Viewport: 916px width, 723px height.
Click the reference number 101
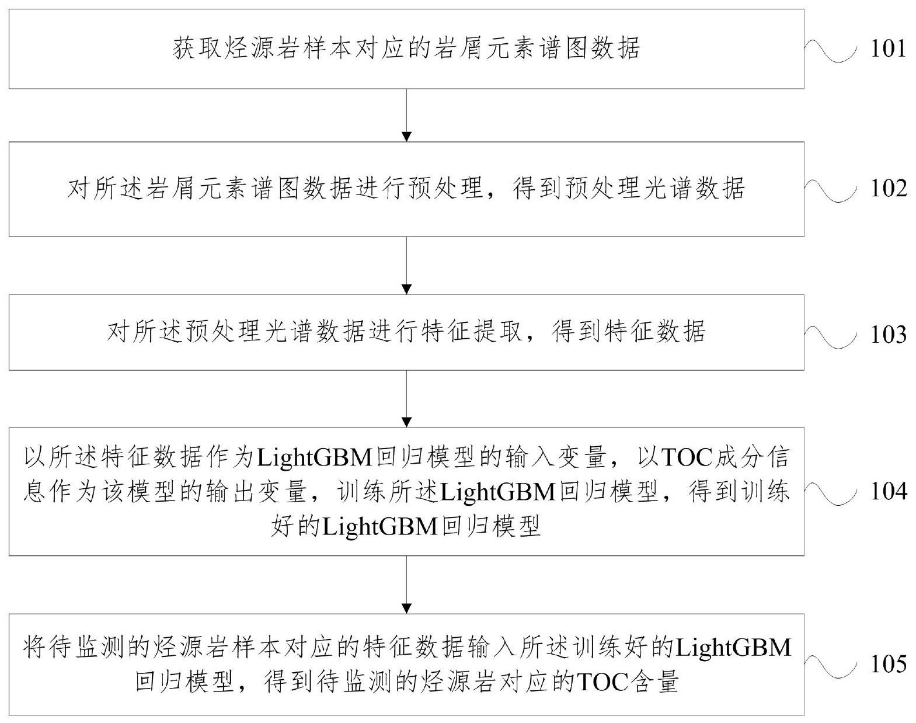tap(888, 48)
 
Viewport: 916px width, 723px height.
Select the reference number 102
tap(888, 189)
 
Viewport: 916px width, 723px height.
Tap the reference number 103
tap(888, 334)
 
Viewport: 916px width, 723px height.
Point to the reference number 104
tap(888, 492)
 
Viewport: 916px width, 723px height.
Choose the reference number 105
tap(888, 664)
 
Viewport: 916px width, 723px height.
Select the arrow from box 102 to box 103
tap(407, 265)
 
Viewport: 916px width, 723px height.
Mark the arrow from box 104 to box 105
tap(407, 584)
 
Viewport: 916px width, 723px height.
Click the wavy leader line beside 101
tap(830, 50)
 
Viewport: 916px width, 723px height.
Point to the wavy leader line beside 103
tap(830, 335)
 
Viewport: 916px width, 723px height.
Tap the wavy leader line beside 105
tap(830, 665)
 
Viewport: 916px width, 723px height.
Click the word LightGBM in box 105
tap(733, 648)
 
